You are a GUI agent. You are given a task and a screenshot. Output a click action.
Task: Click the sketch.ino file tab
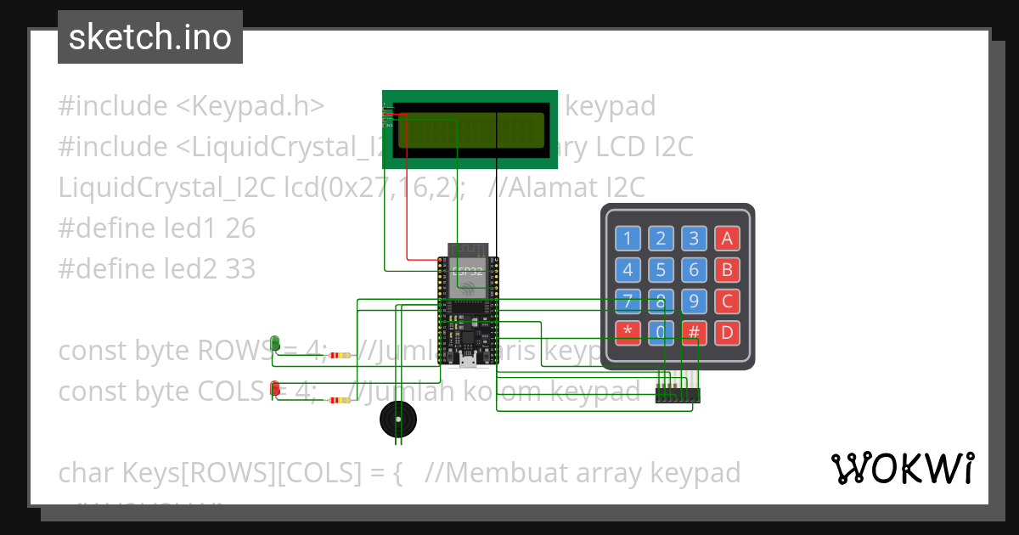click(150, 37)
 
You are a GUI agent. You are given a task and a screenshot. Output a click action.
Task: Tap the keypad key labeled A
click(726, 239)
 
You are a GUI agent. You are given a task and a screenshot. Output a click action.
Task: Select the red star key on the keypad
click(628, 332)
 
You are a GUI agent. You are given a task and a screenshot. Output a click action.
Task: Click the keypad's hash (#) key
click(694, 332)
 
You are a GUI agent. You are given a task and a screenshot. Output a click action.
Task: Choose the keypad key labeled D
click(726, 332)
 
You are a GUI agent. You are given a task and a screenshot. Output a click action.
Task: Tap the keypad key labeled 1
click(628, 239)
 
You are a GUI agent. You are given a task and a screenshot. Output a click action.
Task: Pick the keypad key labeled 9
click(694, 301)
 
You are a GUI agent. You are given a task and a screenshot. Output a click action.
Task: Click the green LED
click(275, 343)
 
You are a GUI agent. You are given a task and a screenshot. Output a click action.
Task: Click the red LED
click(275, 389)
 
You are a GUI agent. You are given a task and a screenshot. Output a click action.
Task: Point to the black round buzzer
click(397, 420)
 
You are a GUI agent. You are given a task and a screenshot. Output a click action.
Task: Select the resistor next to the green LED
click(340, 355)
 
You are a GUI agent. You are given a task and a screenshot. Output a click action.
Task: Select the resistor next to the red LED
click(340, 400)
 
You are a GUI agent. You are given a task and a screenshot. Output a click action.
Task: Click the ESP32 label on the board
click(467, 272)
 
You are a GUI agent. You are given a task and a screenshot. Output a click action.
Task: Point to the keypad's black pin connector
click(678, 395)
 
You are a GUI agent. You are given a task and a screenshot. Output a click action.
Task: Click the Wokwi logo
click(902, 468)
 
